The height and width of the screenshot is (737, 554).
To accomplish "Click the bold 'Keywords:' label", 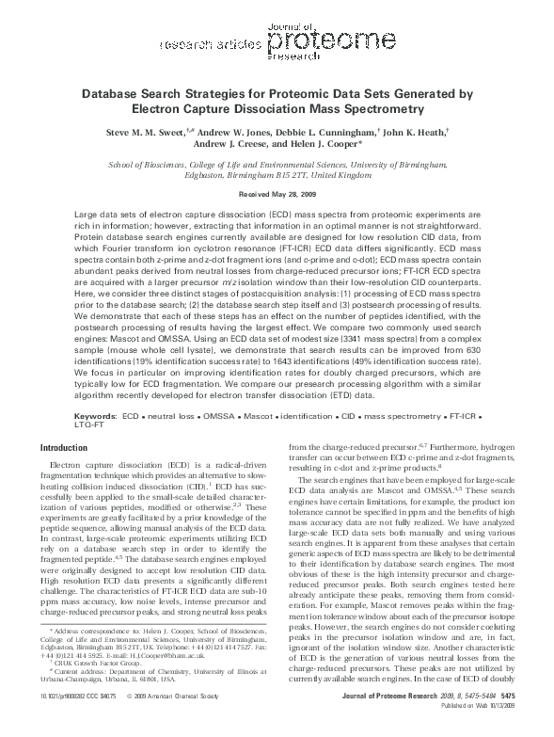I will point(96,415).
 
